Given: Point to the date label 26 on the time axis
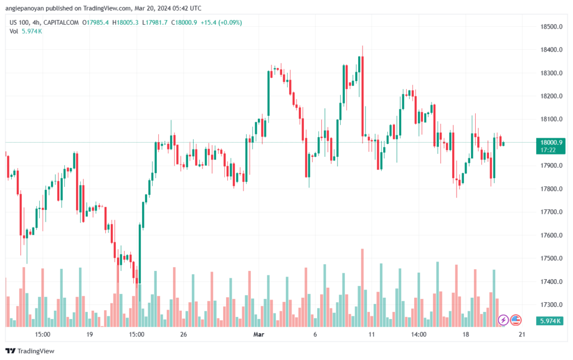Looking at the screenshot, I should [183, 335].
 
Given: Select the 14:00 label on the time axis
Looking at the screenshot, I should [419, 335].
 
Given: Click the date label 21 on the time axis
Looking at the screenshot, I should [522, 335].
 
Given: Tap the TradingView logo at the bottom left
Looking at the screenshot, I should [31, 350].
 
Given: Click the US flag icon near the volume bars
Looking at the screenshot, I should [516, 320].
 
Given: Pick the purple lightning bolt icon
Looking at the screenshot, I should [503, 320].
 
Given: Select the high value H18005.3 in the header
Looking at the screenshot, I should [126, 22].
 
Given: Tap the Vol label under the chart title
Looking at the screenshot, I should [14, 31].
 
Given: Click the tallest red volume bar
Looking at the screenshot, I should [363, 287].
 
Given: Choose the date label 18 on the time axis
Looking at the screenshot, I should [466, 335].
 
